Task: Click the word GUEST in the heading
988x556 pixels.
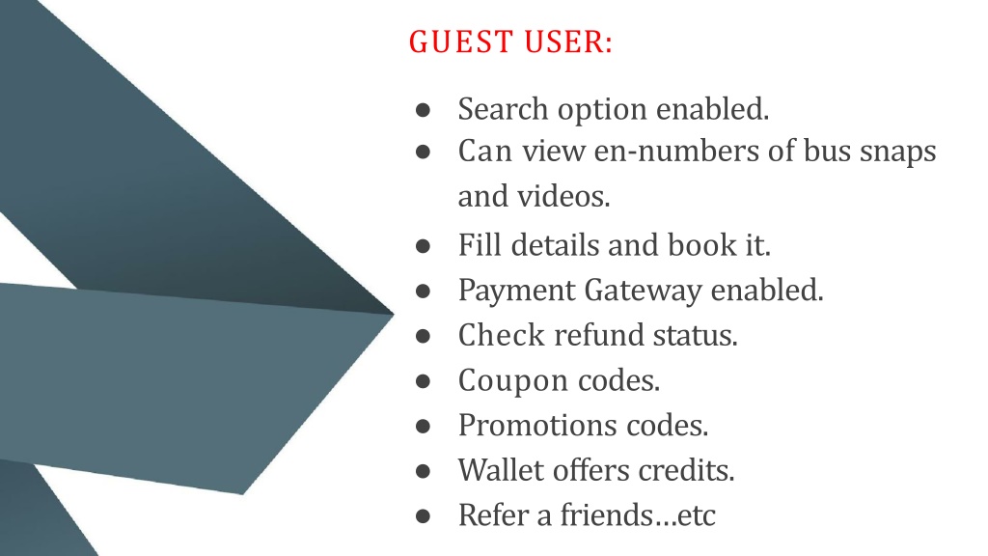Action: (460, 42)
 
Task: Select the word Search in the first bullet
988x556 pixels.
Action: (503, 108)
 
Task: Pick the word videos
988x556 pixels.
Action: (563, 195)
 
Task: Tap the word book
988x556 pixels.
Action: (702, 244)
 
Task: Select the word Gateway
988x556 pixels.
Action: (643, 292)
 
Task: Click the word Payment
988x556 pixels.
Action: (517, 292)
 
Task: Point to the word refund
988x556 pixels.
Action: (598, 335)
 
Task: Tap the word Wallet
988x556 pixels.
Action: (501, 470)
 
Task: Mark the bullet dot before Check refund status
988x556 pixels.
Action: (423, 336)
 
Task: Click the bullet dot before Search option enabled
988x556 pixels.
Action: (423, 110)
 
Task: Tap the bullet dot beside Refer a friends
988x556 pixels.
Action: (423, 516)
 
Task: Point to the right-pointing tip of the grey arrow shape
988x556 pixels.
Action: (394, 314)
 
